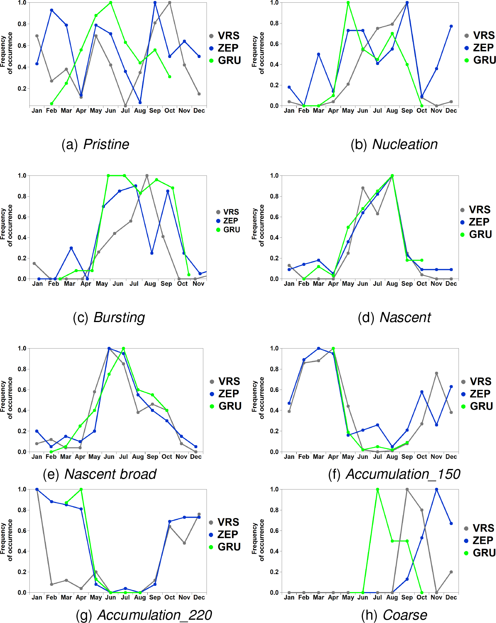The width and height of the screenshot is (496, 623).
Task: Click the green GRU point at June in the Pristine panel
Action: pos(111,3)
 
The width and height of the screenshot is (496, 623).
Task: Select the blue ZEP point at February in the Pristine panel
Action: pos(51,10)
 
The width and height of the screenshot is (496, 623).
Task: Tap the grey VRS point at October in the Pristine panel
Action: pos(170,3)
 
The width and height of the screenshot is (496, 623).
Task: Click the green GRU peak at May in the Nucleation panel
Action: pos(348,3)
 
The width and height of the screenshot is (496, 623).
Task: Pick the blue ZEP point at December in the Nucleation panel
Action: pos(451,26)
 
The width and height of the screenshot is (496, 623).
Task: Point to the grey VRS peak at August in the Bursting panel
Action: pos(147,176)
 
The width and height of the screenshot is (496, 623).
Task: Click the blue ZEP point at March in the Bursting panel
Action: pos(71,248)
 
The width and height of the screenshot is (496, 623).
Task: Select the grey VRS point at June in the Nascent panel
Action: pos(363,188)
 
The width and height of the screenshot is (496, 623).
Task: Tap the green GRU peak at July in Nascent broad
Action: pos(123,349)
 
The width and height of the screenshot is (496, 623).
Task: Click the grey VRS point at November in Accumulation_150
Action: pos(437,373)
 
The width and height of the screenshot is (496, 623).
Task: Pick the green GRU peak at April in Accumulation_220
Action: pos(81,489)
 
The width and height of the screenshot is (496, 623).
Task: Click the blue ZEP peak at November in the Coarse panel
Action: pos(437,489)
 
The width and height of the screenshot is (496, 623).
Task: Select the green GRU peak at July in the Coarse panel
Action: pos(377,489)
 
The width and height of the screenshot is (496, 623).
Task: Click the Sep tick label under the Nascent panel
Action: pos(407,284)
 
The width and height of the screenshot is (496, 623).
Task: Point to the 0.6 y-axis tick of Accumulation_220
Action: pos(22,531)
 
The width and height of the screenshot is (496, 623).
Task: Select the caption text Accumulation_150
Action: pos(403,474)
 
